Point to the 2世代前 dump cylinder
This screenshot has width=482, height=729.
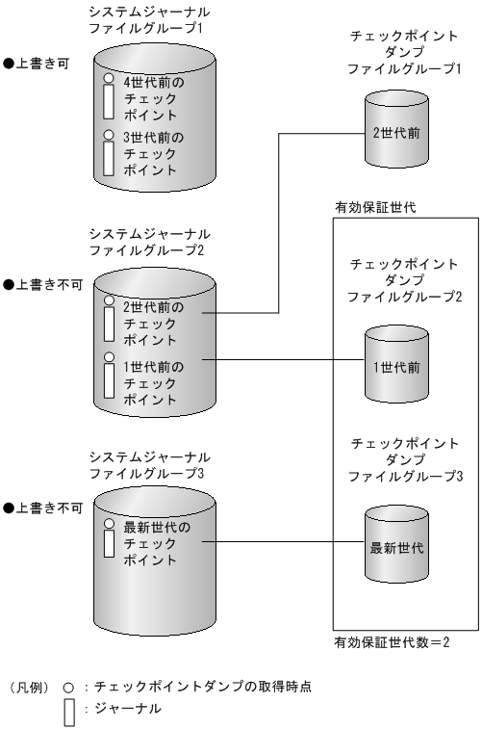click(391, 134)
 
